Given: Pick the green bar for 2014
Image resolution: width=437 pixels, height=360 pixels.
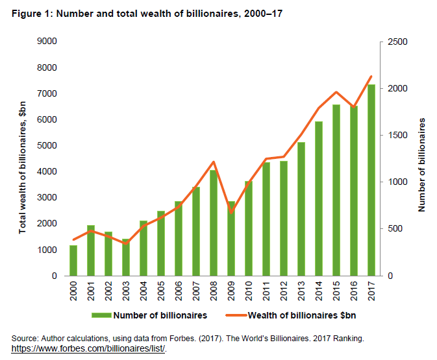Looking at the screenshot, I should pyautogui.click(x=319, y=198).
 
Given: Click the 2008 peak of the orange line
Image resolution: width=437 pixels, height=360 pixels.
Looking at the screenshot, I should pyautogui.click(x=214, y=162).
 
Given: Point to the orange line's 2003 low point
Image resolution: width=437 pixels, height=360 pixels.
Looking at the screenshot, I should pyautogui.click(x=127, y=243).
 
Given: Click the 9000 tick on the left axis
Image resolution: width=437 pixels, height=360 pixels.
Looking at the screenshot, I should pyautogui.click(x=49, y=42).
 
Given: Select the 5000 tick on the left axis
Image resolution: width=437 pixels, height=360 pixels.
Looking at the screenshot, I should pyautogui.click(x=49, y=146).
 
